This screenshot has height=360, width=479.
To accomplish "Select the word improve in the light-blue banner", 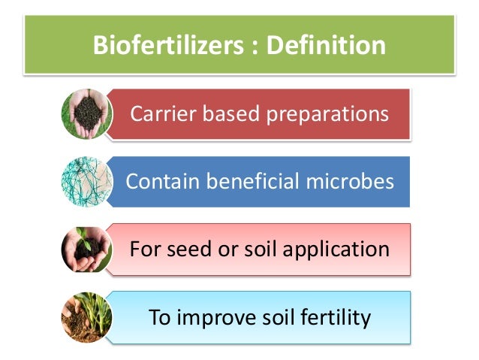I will click(x=213, y=317).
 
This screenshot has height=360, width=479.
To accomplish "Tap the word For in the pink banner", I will click(x=143, y=249).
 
